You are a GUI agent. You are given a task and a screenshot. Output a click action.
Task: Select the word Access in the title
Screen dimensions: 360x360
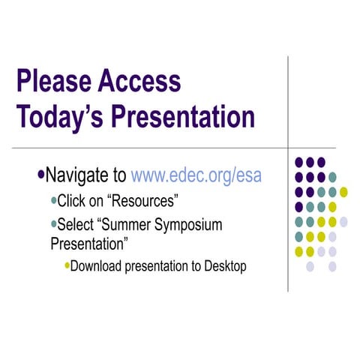[140, 81]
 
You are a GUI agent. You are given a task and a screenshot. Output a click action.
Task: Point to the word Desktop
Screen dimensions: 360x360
[224, 265]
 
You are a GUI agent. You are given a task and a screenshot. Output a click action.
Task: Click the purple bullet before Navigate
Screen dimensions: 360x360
[40, 175]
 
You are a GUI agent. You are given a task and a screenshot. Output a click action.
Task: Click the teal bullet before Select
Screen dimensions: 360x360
[52, 224]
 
